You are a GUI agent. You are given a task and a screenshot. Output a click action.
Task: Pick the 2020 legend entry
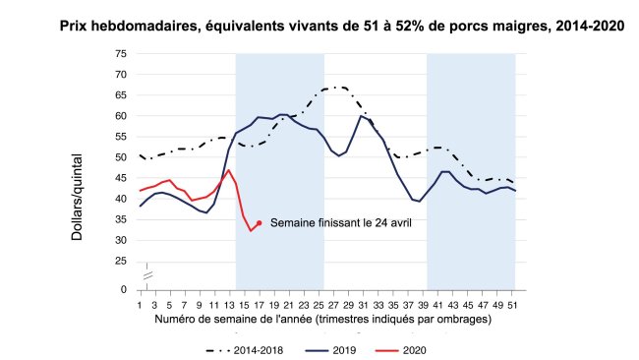tap(404, 349)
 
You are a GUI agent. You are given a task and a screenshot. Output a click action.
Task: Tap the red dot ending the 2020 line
tap(259, 222)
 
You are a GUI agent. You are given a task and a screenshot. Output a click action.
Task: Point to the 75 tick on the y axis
tap(120, 53)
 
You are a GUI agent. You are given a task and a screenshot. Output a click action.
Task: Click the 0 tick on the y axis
tap(124, 290)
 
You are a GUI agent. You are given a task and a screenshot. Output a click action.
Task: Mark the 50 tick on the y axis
tap(120, 157)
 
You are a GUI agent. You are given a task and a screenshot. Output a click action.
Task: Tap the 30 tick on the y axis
tap(120, 240)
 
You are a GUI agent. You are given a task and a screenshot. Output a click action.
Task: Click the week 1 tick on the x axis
tap(141, 305)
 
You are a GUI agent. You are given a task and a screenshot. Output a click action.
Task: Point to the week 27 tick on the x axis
tap(331, 305)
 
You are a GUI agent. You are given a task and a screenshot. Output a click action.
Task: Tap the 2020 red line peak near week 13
tap(229, 170)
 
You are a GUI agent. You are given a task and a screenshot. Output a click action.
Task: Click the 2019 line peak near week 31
tap(361, 116)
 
